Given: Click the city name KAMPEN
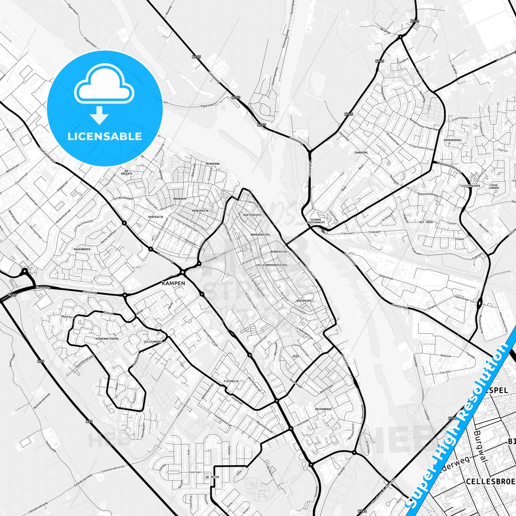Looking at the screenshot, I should click(x=173, y=283).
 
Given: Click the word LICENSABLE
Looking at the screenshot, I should click(x=105, y=136).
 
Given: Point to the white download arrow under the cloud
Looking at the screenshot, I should click(x=99, y=115).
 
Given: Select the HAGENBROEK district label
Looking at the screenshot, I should click(x=82, y=249).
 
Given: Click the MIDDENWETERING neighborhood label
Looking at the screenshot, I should click(x=107, y=338).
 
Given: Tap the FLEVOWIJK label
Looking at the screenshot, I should click(x=231, y=381).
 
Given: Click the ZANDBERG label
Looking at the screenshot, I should click(x=361, y=152).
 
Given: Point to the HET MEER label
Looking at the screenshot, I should click(x=426, y=222).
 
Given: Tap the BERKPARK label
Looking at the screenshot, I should click(x=213, y=164).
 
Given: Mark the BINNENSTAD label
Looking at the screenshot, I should click(x=279, y=252).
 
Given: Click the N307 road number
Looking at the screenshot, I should click(x=12, y=295).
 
